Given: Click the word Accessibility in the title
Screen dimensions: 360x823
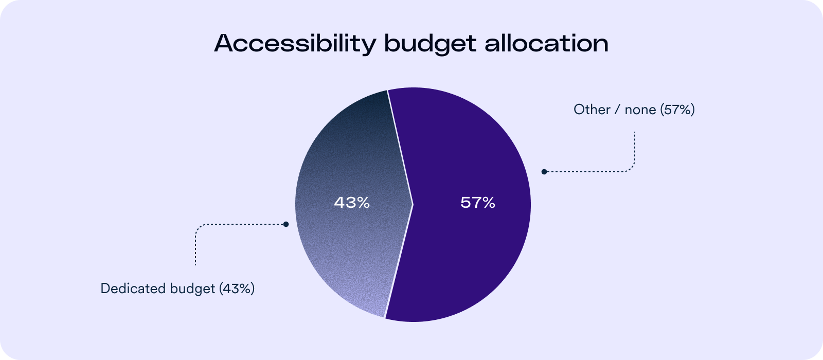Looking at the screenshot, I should (295, 44).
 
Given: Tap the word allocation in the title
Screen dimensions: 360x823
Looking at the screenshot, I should (546, 44).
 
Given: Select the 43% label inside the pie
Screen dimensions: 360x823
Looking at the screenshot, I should (352, 203).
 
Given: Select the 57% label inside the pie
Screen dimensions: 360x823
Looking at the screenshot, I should (478, 203).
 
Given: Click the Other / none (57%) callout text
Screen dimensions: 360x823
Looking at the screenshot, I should (634, 110).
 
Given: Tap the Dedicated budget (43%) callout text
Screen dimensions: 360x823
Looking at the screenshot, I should (177, 289).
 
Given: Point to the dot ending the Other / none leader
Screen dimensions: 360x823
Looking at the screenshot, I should (544, 172).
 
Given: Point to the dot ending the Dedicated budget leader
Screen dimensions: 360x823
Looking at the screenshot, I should (286, 224).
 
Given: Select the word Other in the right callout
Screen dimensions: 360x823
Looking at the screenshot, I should (592, 110).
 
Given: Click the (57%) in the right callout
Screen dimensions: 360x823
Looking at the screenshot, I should (677, 110).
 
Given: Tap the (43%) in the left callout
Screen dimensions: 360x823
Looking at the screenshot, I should (237, 289).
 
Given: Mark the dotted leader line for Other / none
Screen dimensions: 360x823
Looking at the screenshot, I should (592, 172).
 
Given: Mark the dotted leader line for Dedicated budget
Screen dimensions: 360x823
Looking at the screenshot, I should (237, 224).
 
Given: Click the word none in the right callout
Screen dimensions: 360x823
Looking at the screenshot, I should (640, 110).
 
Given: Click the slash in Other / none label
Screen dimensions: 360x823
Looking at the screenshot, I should (617, 110).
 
